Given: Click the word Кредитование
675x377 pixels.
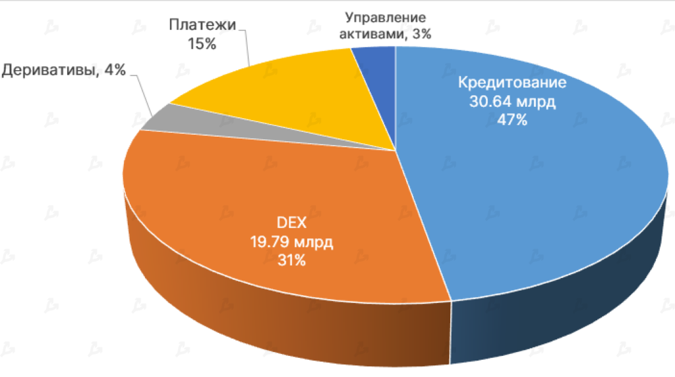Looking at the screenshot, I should click(512, 84).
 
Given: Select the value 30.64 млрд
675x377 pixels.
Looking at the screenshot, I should click(512, 102).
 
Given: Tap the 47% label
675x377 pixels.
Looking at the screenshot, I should click(512, 121).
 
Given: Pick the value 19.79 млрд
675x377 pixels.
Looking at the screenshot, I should click(291, 242).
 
